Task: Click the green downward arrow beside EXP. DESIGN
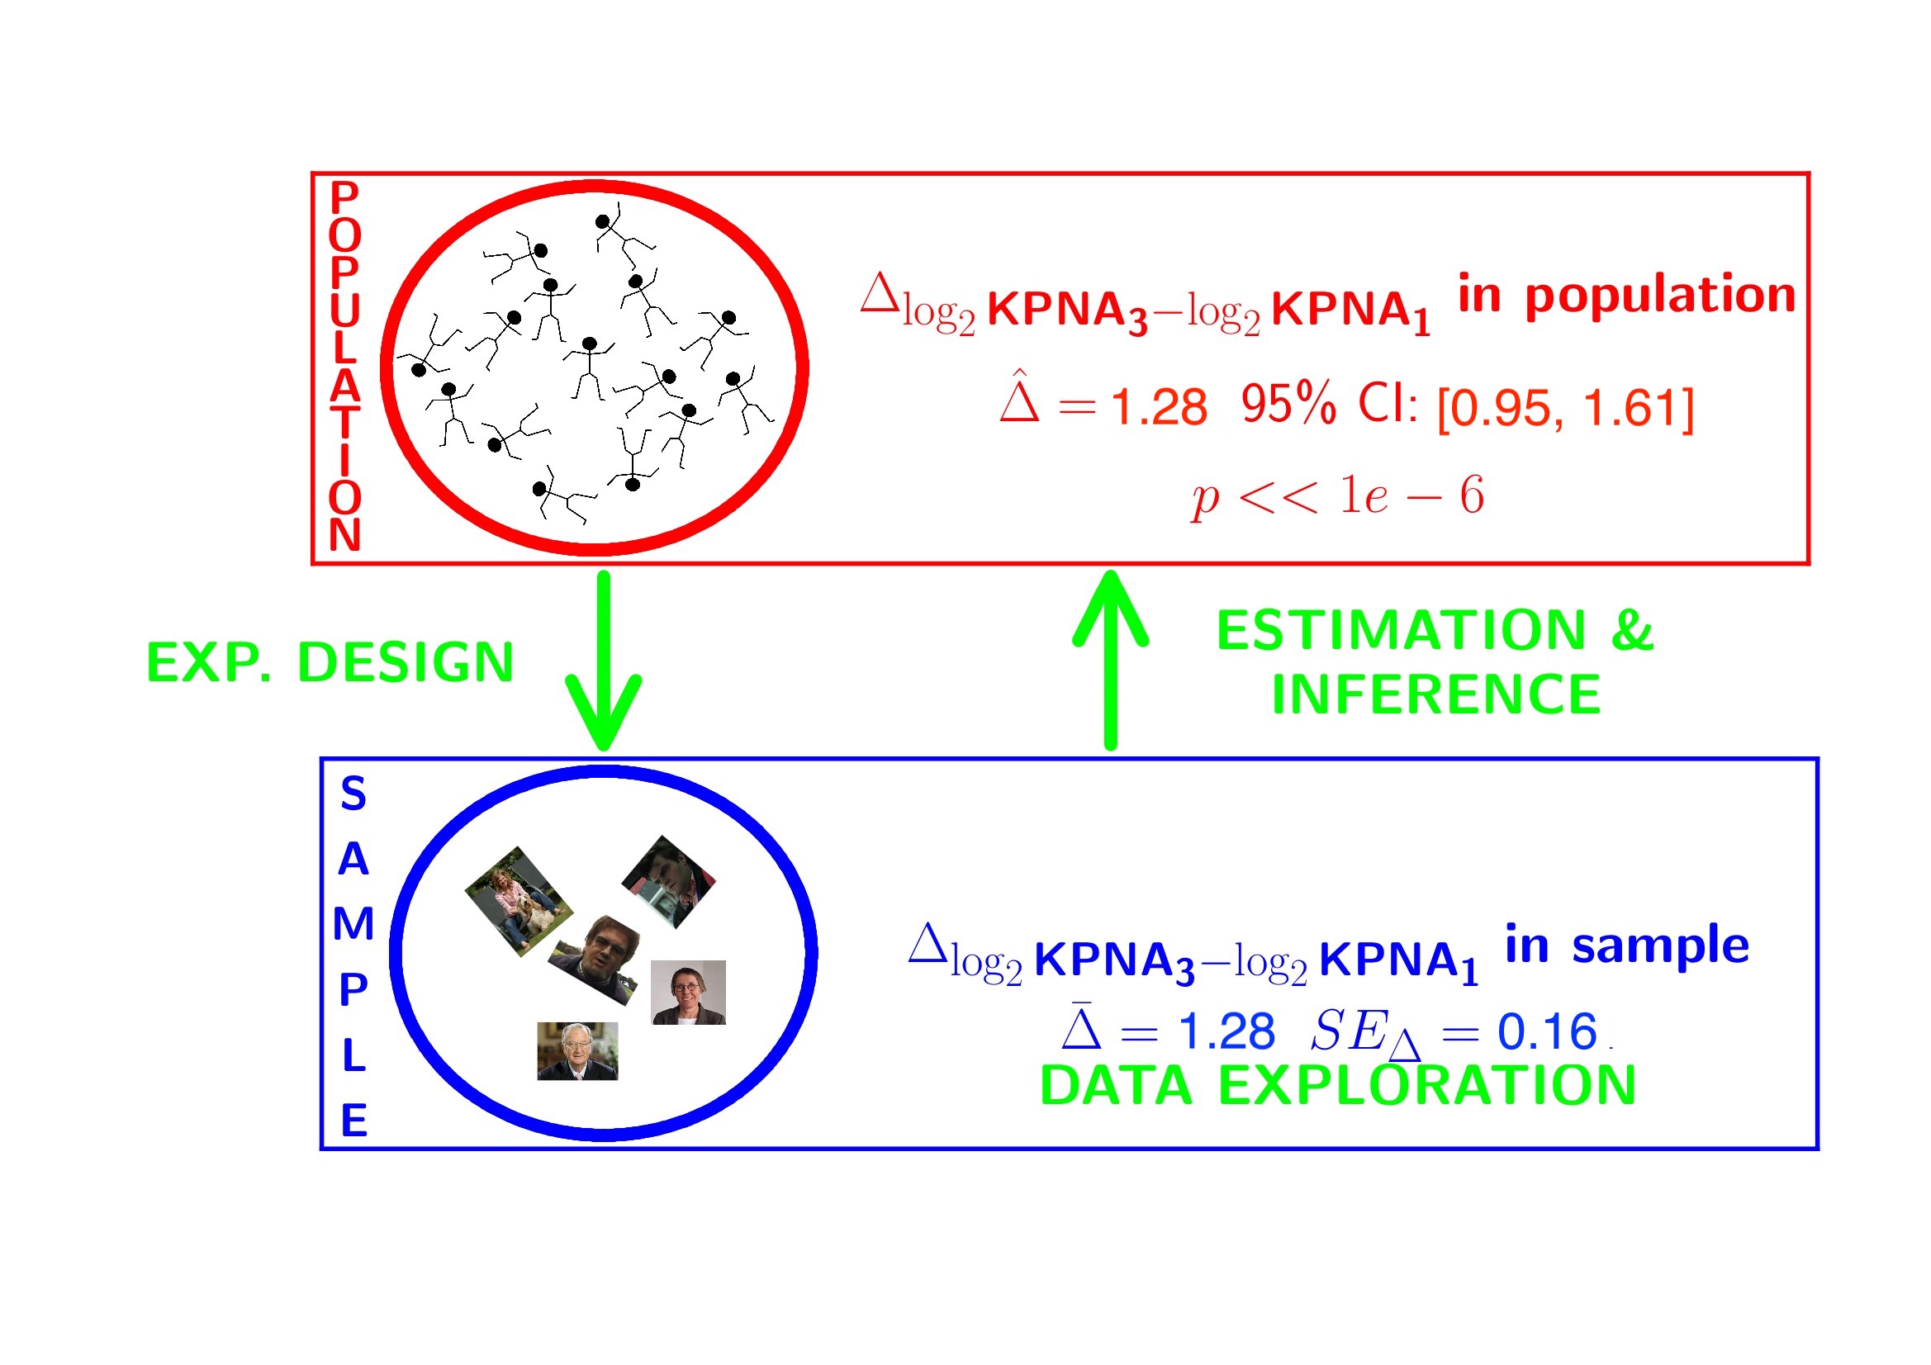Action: tap(603, 661)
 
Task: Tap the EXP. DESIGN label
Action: tap(330, 663)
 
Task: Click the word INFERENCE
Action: tap(1435, 694)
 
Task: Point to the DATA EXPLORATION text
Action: tap(1337, 1085)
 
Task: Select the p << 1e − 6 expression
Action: tap(1337, 496)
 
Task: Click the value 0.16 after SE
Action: tap(1547, 1031)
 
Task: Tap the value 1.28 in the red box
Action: tap(1159, 407)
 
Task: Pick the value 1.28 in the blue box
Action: tap(1226, 1031)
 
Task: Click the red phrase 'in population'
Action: tap(1626, 294)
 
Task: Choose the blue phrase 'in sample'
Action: tap(1626, 945)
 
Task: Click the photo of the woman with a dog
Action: tap(519, 902)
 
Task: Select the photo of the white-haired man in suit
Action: tap(578, 1051)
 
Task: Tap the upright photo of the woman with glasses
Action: tap(688, 993)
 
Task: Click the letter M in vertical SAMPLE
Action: tap(353, 924)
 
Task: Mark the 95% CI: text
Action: tap(1330, 405)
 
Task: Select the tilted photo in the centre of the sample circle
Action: tap(594, 960)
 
